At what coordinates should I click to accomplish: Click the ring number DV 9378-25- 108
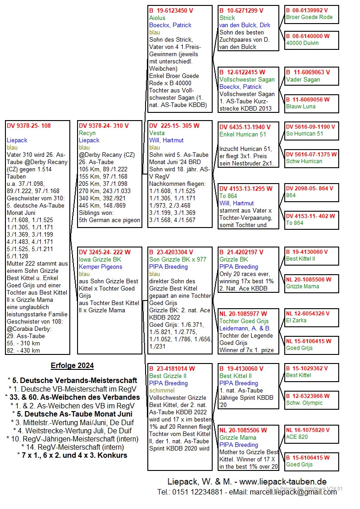coord(28,126)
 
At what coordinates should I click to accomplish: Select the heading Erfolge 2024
coord(72,366)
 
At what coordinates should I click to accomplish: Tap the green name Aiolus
coord(157,18)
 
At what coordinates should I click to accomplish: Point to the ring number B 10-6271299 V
coord(241,10)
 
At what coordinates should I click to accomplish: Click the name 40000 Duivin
coord(302,43)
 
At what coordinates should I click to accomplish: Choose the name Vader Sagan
coord(303,79)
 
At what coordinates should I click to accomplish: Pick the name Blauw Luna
coord(302,107)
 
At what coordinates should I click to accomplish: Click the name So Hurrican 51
coord(305,134)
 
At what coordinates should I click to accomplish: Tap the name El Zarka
coord(296,320)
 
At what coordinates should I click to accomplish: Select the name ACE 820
coord(297,437)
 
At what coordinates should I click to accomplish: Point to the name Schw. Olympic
coord(304,403)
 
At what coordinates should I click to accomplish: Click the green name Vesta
coord(157,133)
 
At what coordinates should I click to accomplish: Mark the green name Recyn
coord(87,133)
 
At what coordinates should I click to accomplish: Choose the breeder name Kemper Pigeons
coord(100,267)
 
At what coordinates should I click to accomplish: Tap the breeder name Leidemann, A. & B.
coord(245,328)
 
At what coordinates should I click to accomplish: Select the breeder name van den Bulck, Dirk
coord(245,25)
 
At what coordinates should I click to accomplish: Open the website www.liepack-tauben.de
coord(283,481)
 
